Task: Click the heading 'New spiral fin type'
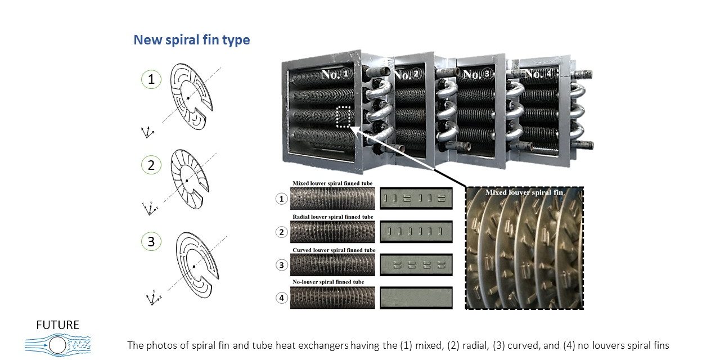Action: click(x=191, y=40)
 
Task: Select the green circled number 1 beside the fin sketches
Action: click(x=151, y=80)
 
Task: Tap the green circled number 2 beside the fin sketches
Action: click(x=151, y=165)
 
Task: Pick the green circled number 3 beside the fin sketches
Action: click(x=151, y=242)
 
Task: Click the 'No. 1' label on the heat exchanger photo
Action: click(x=336, y=74)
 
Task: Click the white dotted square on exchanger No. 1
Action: click(x=343, y=117)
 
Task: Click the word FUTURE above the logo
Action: click(x=57, y=325)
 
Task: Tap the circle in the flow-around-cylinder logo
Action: click(x=57, y=344)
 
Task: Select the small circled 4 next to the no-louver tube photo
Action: click(x=281, y=298)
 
